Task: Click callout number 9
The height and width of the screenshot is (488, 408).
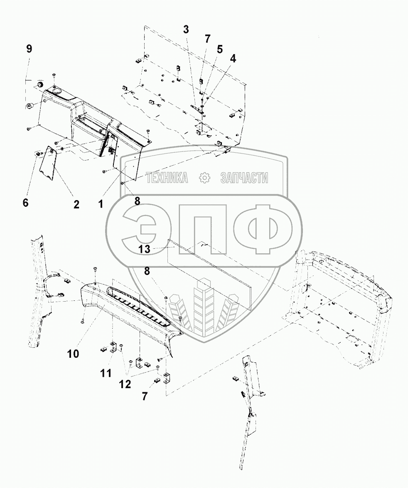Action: pos(29,49)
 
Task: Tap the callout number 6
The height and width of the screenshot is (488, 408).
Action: pos(26,203)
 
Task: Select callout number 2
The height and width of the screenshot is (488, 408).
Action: pos(76,205)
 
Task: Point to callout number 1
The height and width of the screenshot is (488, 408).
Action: pos(100,204)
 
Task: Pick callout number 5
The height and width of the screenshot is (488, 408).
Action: pos(219,50)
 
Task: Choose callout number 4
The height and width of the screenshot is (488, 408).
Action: pos(233,59)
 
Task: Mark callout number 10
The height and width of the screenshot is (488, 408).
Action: pos(73,354)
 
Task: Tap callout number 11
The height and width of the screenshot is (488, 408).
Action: pos(106,373)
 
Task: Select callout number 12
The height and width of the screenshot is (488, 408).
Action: pos(125,384)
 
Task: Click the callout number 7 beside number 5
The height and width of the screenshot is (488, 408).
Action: pos(207,39)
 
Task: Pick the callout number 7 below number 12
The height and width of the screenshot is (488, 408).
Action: pos(144,396)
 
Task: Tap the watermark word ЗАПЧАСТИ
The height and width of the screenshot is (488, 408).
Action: pos(244,178)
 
